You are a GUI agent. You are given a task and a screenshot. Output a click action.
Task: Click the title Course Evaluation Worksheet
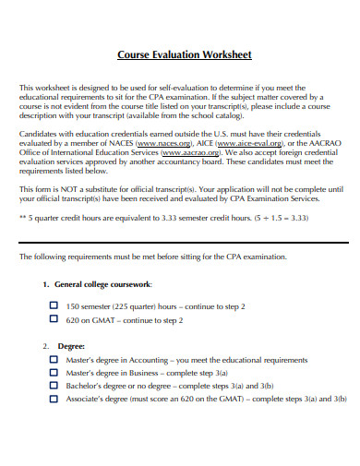184,54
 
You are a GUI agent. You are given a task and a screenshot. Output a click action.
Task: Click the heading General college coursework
103,285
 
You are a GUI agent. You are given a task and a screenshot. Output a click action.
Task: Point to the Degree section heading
71,345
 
